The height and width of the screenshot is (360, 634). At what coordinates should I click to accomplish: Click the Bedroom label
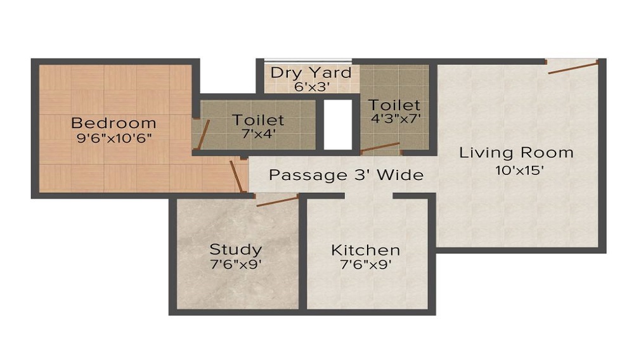(113, 123)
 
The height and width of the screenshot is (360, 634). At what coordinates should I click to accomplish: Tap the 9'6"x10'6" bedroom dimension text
(113, 138)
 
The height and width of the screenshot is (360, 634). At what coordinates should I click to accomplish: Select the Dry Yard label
(311, 72)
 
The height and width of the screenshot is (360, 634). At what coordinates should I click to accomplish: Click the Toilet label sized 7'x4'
(258, 119)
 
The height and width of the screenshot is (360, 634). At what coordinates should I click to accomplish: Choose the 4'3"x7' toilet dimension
(396, 118)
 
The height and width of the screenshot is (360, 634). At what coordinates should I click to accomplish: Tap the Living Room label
(516, 153)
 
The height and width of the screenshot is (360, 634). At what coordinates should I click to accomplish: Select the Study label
(236, 249)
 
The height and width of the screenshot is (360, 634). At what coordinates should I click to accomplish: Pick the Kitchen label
(366, 250)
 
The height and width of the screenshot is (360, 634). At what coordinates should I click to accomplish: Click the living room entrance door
(573, 67)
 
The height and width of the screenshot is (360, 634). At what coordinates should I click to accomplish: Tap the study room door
(277, 201)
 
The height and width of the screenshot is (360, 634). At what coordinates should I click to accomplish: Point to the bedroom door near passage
(236, 176)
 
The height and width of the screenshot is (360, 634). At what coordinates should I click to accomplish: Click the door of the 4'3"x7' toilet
(380, 148)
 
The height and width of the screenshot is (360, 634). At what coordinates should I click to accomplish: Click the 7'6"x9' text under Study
(236, 264)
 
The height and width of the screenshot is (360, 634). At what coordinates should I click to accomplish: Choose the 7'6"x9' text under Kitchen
(366, 265)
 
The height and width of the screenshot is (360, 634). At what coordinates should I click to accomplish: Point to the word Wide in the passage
(400, 175)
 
